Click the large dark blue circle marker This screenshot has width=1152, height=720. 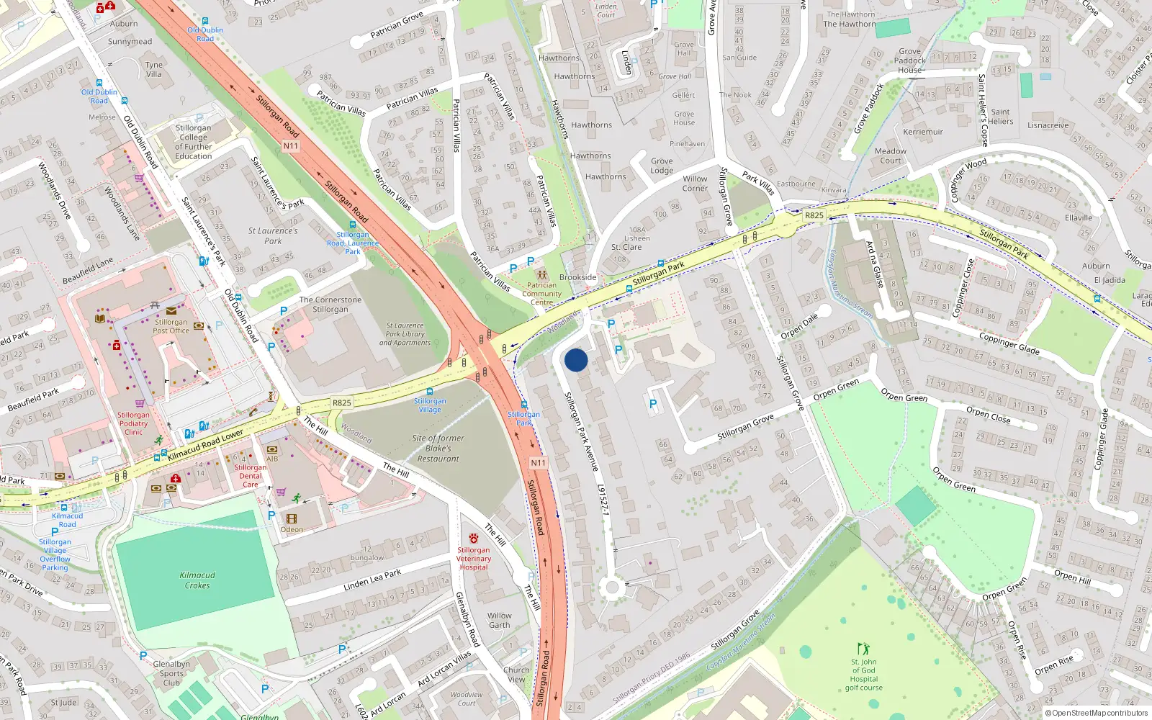point(576,360)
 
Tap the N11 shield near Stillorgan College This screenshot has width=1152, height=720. point(290,145)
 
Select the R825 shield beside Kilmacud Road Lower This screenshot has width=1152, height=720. point(342,402)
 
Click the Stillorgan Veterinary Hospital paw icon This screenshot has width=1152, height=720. point(474,539)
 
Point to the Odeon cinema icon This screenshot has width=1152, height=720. point(292,518)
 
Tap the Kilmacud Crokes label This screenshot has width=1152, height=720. point(197,580)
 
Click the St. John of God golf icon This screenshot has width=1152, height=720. point(863,649)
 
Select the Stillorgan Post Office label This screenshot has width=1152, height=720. point(171,326)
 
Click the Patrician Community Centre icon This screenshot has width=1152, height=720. point(541,275)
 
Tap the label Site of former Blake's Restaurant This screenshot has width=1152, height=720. point(438,448)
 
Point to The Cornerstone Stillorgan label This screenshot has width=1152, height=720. point(330,305)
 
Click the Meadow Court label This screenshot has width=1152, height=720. point(891,156)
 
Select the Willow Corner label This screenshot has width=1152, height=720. point(695,184)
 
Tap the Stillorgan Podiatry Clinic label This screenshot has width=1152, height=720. point(134,423)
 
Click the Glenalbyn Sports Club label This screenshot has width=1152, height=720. point(171,673)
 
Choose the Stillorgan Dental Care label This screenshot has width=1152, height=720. point(250,476)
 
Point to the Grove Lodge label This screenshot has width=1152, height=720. point(662,166)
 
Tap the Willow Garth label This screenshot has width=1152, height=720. point(499,620)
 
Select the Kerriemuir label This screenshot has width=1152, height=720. point(923,132)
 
